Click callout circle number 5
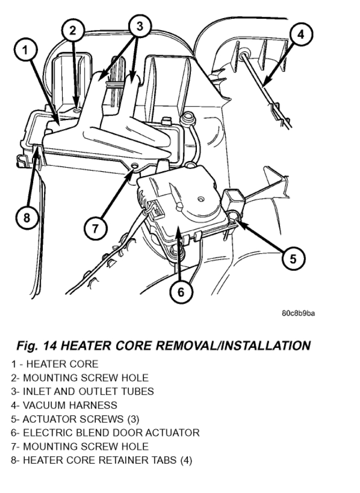292,259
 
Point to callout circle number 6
180,291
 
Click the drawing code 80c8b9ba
298,313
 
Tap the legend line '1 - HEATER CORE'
55,364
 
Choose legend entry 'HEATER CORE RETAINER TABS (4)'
104,460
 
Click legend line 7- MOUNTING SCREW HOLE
80,446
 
